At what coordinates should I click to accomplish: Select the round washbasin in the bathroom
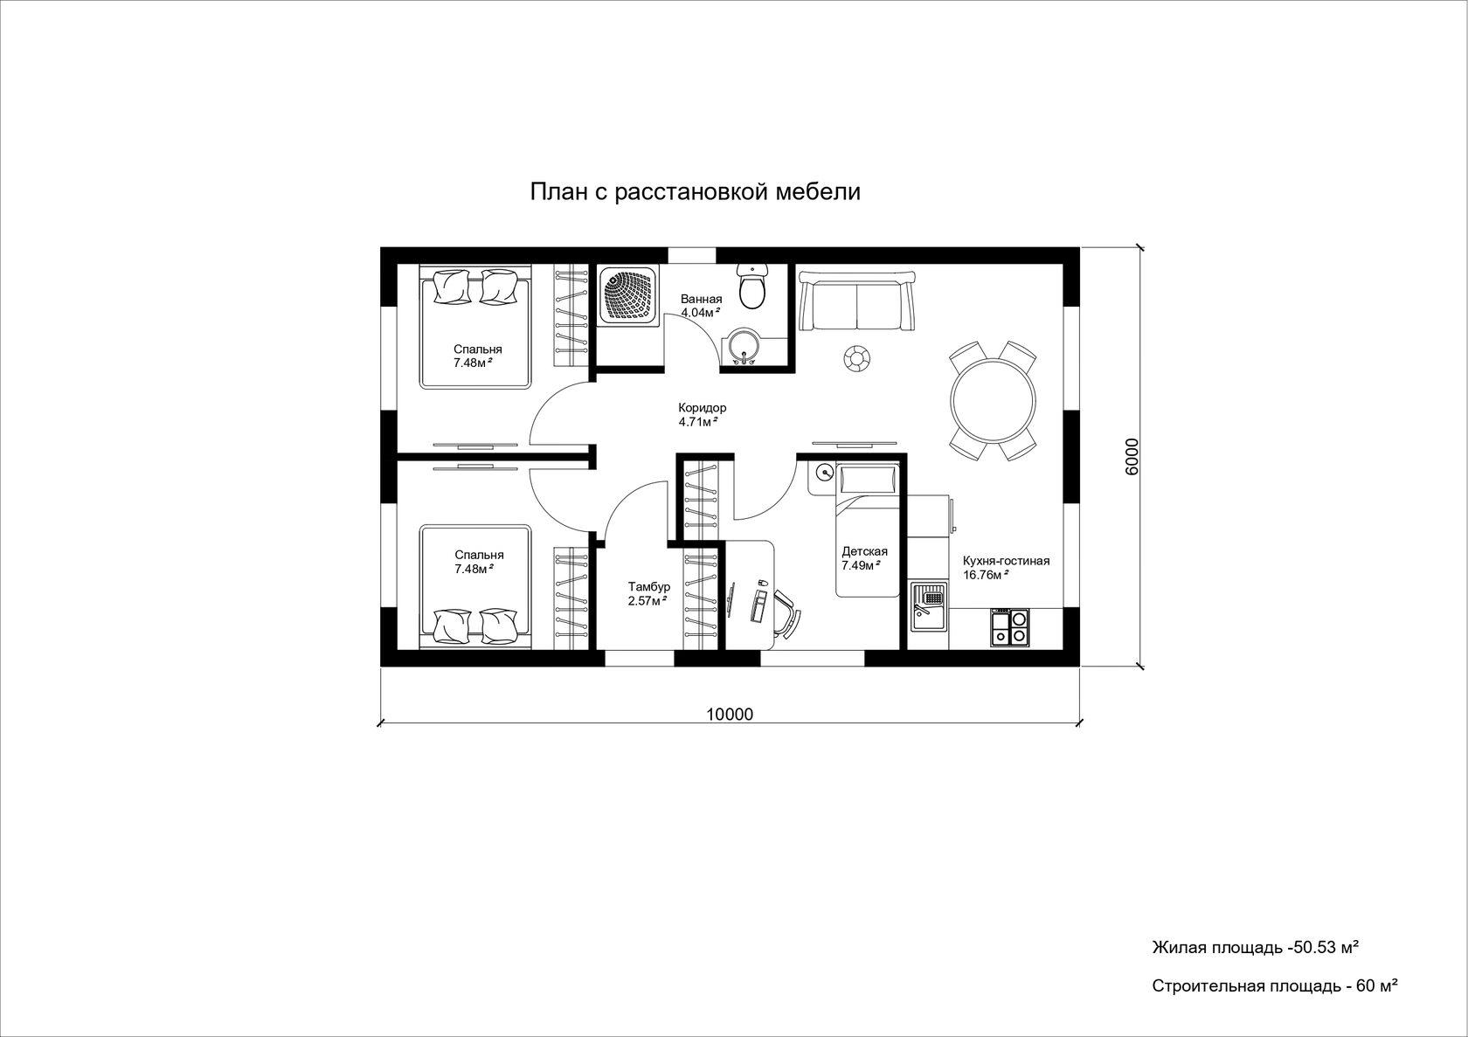(x=744, y=347)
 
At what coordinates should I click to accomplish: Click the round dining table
(x=994, y=401)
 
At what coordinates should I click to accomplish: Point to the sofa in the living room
(x=856, y=301)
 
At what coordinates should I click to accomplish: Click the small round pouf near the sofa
(x=856, y=358)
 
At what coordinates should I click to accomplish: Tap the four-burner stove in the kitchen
(x=1010, y=627)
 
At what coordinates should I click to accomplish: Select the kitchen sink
(x=929, y=607)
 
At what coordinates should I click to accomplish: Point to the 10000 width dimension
(x=730, y=714)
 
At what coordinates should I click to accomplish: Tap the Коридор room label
(x=702, y=407)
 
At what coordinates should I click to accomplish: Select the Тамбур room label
(x=648, y=586)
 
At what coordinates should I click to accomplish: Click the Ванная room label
(x=701, y=300)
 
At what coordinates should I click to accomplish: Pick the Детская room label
(x=864, y=551)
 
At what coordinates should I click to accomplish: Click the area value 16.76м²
(x=986, y=575)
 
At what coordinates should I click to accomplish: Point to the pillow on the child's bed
(x=869, y=480)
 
